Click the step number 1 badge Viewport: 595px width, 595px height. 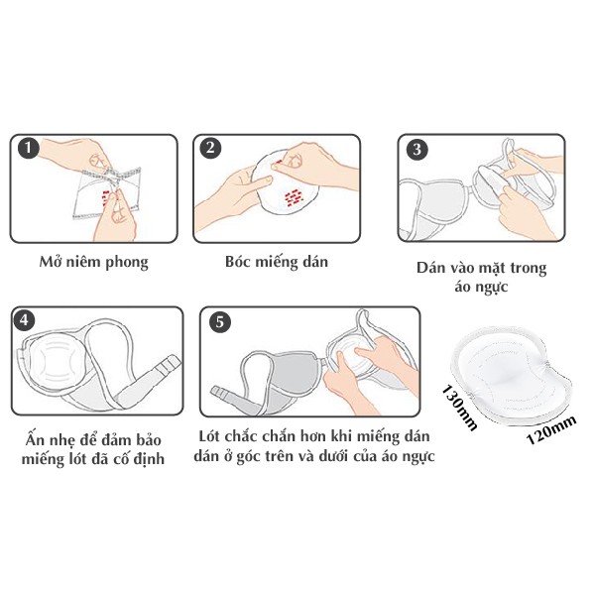[28, 149]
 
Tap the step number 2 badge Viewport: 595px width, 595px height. [209, 149]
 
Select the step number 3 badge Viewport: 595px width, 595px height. [417, 150]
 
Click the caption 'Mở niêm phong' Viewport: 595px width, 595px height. [93, 263]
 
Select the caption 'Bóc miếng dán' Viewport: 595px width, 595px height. [276, 263]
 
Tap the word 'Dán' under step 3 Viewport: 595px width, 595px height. [433, 269]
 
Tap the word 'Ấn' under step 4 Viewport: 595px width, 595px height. [37, 439]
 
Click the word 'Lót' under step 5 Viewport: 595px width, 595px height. [213, 439]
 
